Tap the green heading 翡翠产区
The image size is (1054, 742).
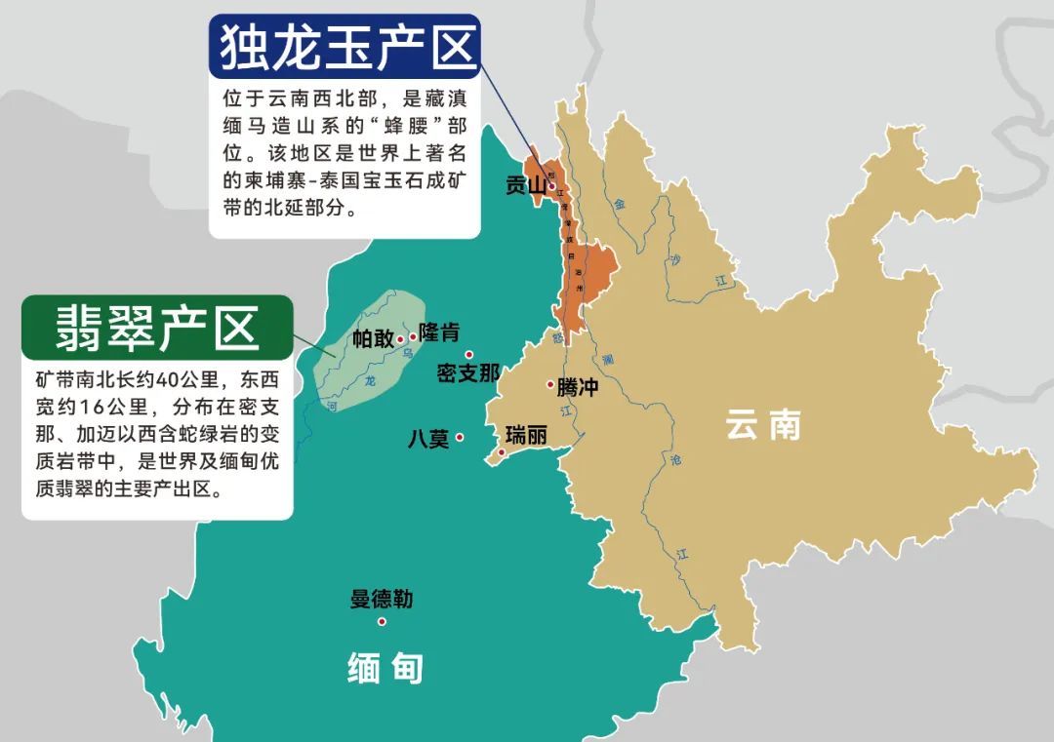pyautogui.click(x=157, y=328)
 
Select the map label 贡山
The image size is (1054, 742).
pyautogui.click(x=525, y=185)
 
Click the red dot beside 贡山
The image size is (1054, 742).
pyautogui.click(x=551, y=186)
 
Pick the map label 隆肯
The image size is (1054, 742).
pyautogui.click(x=439, y=332)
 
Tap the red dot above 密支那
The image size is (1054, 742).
pyautogui.click(x=468, y=355)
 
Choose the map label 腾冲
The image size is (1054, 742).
pyautogui.click(x=578, y=387)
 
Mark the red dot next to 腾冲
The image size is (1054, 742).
pyautogui.click(x=550, y=385)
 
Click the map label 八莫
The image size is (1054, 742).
pyautogui.click(x=428, y=439)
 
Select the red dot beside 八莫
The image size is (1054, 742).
pyautogui.click(x=460, y=437)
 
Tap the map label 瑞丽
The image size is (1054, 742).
pyautogui.click(x=526, y=435)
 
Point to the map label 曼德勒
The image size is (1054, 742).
pyautogui.click(x=382, y=599)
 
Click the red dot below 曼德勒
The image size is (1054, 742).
pyautogui.click(x=382, y=621)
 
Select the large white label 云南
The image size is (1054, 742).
pyautogui.click(x=763, y=425)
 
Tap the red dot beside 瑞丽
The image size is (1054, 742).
pyautogui.click(x=502, y=452)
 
